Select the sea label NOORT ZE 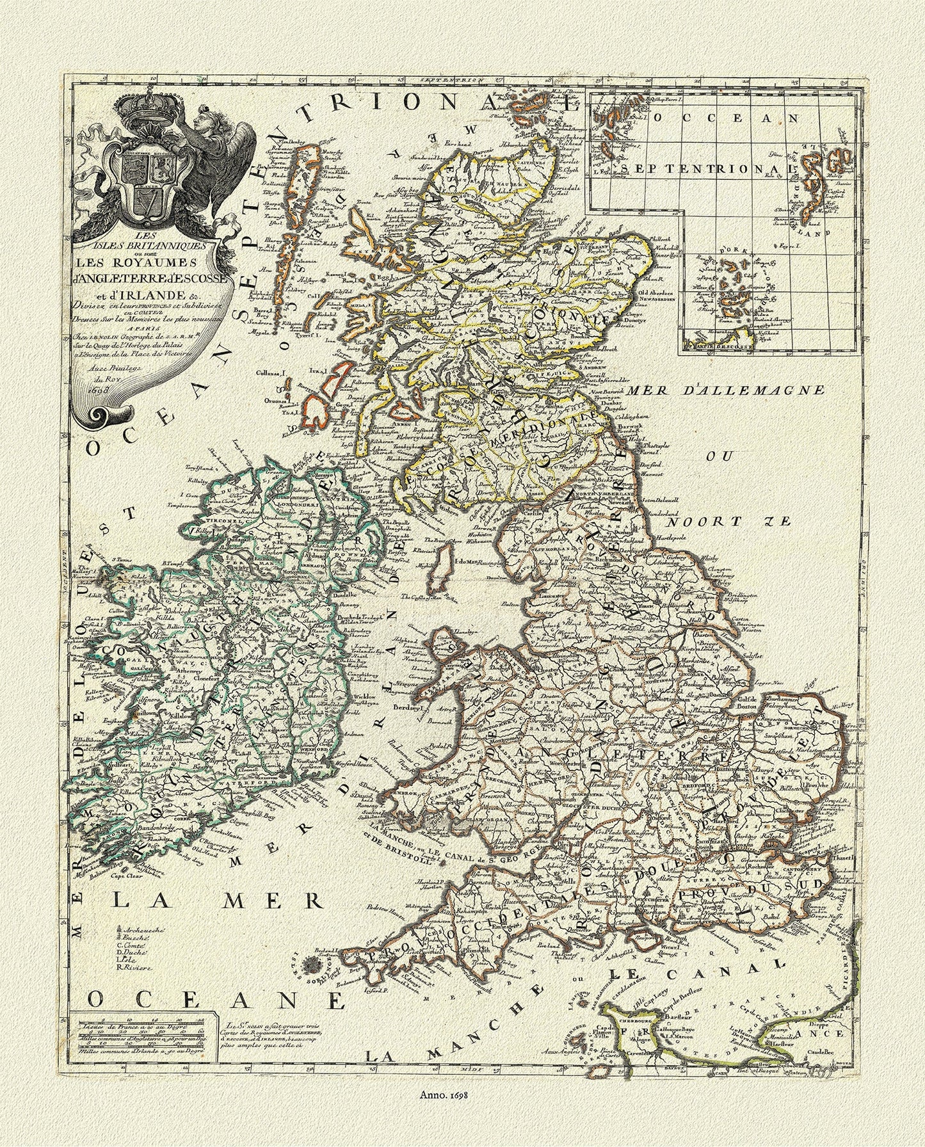[x=757, y=523]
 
